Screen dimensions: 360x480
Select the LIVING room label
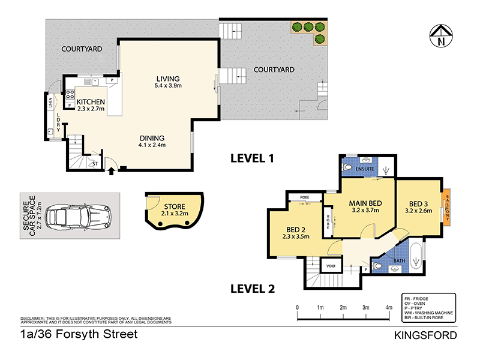pos(168,79)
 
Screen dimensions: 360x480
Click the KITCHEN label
pos(91,101)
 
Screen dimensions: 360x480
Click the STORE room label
pos(175,206)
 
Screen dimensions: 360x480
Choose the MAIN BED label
pos(366,203)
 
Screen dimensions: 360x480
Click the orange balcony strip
pos(446,208)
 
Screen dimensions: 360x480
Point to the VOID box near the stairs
pos(331,266)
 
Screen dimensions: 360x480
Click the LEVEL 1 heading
pos(253,159)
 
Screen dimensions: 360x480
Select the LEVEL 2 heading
pos(253,289)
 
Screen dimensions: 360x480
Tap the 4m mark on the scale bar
pos(389,307)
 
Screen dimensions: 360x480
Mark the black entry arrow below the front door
pos(112,171)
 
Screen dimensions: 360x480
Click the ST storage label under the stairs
pos(94,163)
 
